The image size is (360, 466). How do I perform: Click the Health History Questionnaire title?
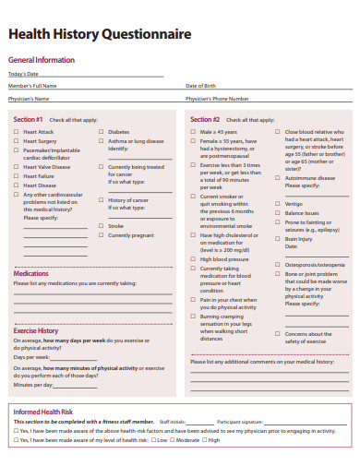coord(100,34)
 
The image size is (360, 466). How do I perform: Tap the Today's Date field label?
coord(23,74)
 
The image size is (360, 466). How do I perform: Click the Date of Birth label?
coord(200,85)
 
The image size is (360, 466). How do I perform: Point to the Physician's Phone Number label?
coord(217,98)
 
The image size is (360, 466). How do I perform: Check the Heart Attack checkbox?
coord(16,132)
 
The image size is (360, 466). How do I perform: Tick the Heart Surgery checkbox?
coord(16,141)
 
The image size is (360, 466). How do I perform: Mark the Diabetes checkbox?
coord(102,132)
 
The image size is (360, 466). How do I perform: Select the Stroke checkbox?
coord(102,226)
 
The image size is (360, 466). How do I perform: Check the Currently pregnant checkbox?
coord(102,235)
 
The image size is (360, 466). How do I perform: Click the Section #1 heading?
coord(29,120)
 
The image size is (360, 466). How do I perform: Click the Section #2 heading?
coord(205,120)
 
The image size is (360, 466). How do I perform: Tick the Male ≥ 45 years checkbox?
coord(194,132)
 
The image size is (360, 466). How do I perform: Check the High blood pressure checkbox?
coord(194,260)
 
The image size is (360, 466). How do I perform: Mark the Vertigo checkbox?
coord(279,203)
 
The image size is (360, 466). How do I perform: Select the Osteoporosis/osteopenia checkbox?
coord(279,265)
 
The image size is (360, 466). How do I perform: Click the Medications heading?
coord(31,274)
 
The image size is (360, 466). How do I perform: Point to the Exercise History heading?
coord(36,330)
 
